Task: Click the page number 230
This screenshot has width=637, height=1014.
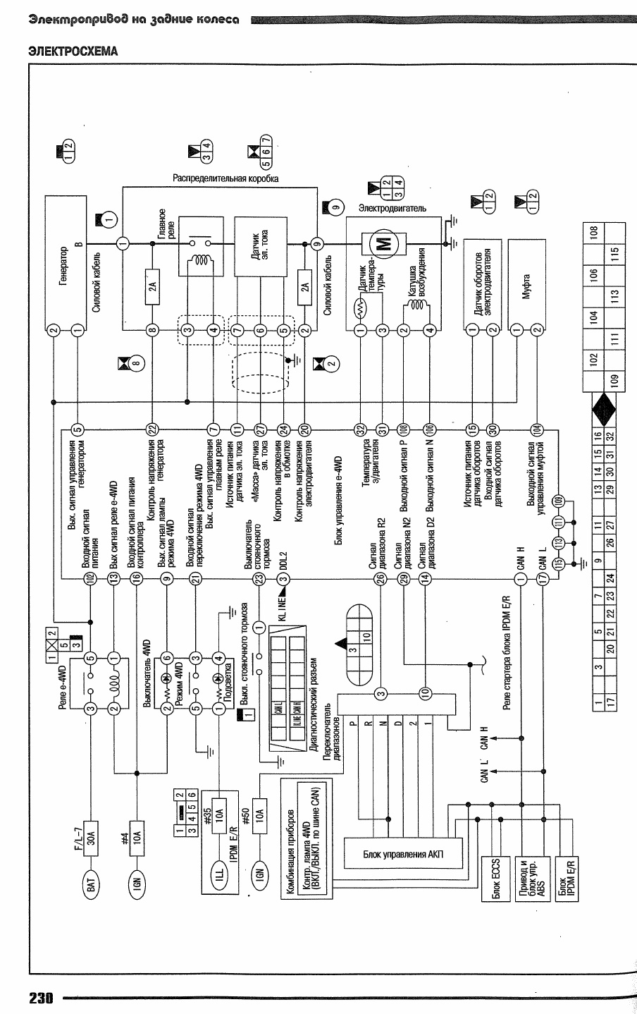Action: (42, 998)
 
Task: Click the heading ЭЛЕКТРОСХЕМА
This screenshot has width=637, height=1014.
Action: (72, 51)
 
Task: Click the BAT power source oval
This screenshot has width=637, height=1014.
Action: (90, 886)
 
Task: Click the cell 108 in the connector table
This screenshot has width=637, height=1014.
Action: (593, 232)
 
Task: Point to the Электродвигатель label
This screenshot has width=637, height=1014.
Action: (392, 209)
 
